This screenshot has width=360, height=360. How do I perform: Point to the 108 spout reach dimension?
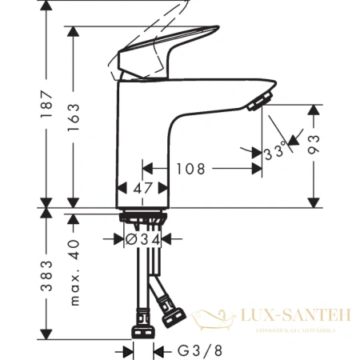(x=190, y=169)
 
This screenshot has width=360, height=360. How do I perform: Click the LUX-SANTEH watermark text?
(x=299, y=317)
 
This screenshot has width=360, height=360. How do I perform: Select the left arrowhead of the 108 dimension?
(x=146, y=169)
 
